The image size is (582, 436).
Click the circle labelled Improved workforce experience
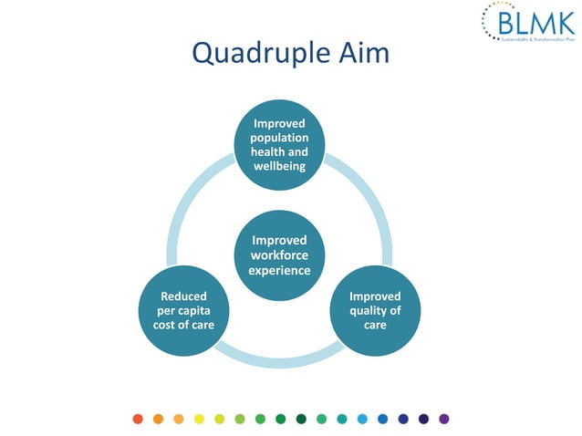[x=280, y=254]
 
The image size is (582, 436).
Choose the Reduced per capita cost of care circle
[x=183, y=311]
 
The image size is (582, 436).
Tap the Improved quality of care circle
[x=375, y=311]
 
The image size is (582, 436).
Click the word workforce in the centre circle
[x=280, y=254]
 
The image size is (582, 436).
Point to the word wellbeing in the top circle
[x=279, y=166]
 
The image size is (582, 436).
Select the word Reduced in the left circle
[x=183, y=296]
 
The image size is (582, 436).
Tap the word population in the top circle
[x=279, y=138]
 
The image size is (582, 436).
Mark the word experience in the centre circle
[x=280, y=270]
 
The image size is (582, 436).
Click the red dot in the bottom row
[x=138, y=419]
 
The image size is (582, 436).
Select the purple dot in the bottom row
[x=444, y=419]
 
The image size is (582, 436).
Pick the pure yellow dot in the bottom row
[x=199, y=419]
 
